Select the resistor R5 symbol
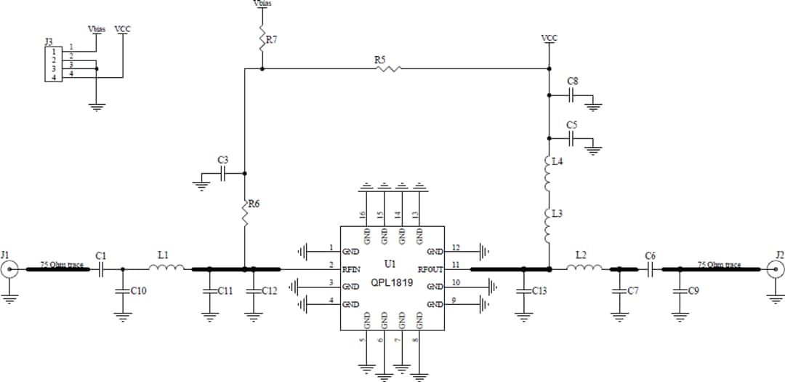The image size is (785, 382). (387, 69)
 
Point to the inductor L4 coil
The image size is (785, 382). (549, 172)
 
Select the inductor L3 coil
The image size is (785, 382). (549, 225)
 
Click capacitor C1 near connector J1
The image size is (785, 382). (101, 269)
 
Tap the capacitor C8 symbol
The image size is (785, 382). (573, 95)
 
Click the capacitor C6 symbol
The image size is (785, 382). (651, 269)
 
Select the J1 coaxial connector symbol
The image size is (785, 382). (9, 270)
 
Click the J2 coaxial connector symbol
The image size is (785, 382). (776, 270)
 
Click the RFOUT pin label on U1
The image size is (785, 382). (430, 268)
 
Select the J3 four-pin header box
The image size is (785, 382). (53, 64)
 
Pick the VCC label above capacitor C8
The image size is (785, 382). (549, 38)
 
